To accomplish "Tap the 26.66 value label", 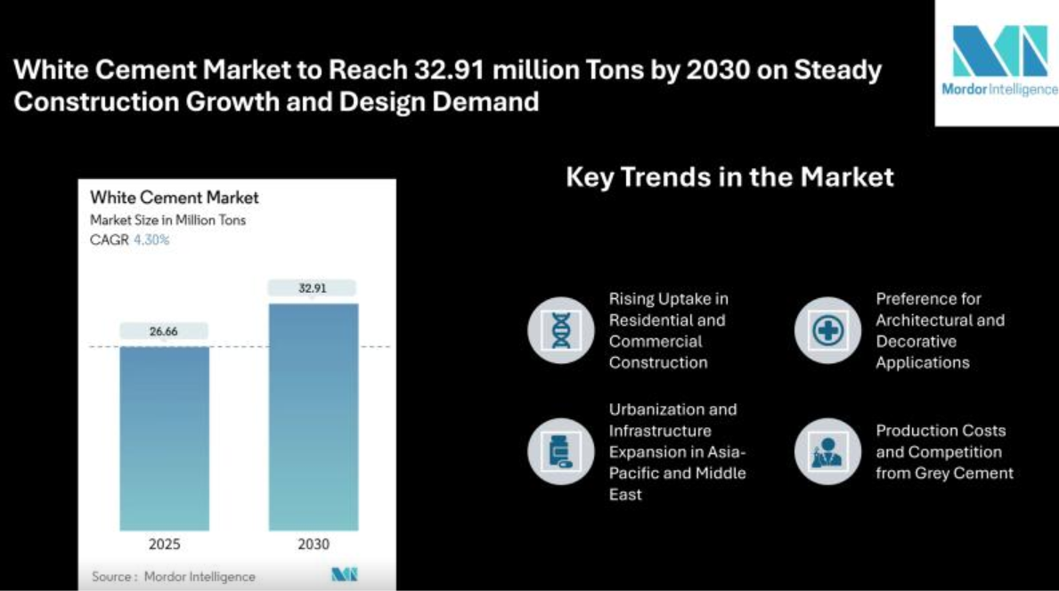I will point(165,331).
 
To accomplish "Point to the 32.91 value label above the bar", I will point(313,288).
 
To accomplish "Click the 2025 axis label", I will point(165,544).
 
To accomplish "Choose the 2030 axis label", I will point(314,544).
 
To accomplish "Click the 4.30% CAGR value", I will point(151,239).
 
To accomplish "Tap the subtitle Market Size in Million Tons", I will point(168,220).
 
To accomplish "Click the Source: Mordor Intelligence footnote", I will point(174,577).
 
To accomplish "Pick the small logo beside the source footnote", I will point(344,575).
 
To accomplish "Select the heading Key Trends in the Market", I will point(729,177).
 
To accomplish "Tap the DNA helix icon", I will point(561,330).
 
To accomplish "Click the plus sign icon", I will point(827,330).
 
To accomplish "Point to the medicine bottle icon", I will point(561,451).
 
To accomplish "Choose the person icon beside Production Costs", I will point(827,451).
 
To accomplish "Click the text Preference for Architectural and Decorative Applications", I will point(940,330).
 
